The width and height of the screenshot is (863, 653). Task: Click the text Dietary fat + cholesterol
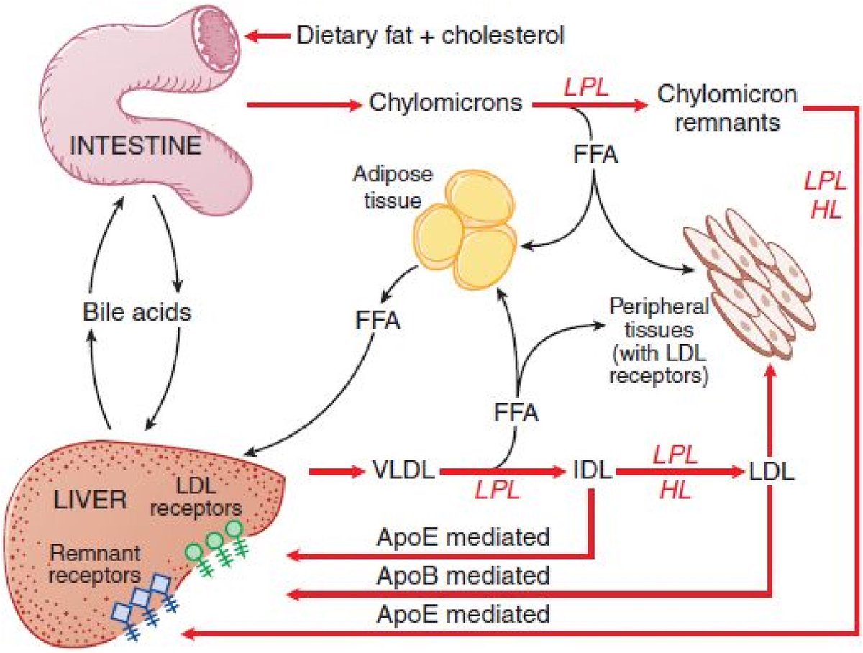point(430,34)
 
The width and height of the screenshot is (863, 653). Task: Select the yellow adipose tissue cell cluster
point(464,231)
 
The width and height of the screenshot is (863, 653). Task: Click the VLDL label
point(404,472)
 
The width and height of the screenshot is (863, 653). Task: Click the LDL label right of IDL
point(771,472)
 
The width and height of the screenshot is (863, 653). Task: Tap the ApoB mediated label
point(462,575)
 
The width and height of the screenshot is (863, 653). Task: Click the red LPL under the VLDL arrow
point(496,493)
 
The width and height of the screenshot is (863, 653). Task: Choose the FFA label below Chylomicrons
point(594,154)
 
